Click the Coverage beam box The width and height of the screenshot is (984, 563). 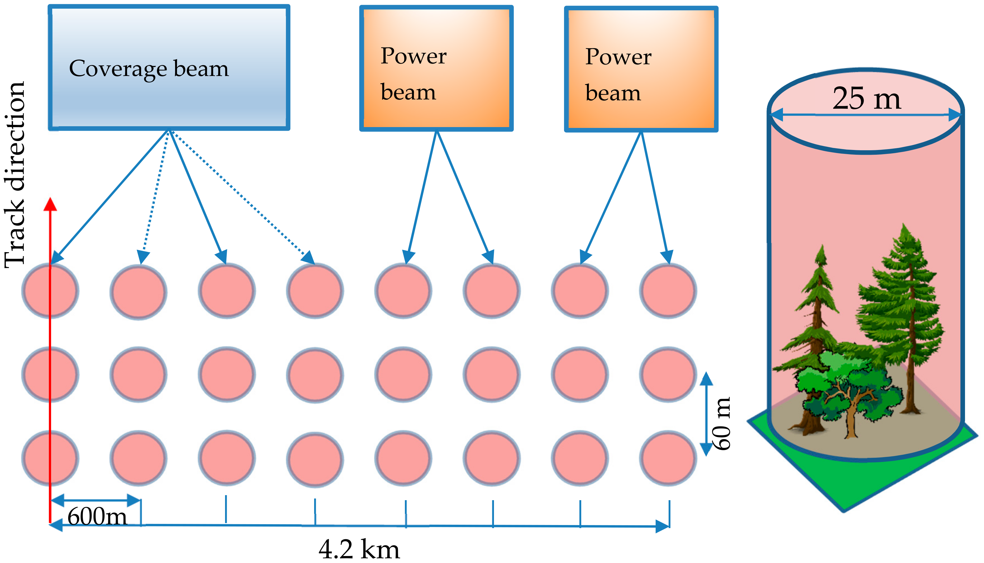(169, 68)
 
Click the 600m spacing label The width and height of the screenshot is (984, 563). (97, 516)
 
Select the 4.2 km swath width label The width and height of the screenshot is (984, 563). (359, 549)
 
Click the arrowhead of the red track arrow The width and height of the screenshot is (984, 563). (50, 204)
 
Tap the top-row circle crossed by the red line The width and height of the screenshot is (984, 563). (50, 291)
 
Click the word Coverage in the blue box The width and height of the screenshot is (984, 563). (118, 69)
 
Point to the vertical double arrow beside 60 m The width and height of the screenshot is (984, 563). (706, 414)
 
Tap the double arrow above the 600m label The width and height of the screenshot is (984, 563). (95, 500)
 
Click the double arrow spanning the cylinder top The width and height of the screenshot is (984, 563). (866, 115)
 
